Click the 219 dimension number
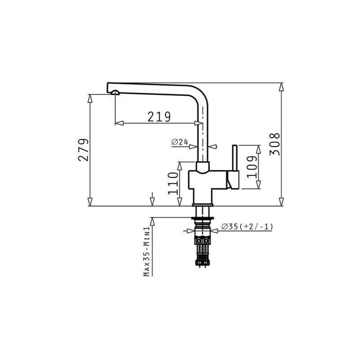(x=159, y=117)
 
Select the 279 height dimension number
(x=84, y=150)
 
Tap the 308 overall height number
(x=275, y=144)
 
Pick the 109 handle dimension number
(x=252, y=167)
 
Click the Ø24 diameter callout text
(x=180, y=142)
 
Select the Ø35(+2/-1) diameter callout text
(x=247, y=227)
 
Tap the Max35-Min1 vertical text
(x=147, y=251)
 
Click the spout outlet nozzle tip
(x=115, y=93)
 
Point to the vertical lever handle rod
(x=234, y=158)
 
